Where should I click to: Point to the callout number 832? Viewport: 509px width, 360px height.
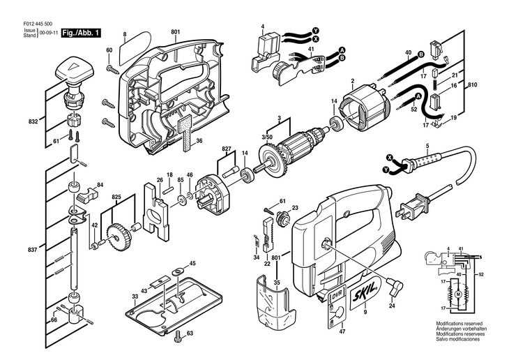(x=33, y=121)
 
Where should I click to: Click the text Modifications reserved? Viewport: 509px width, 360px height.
(x=458, y=324)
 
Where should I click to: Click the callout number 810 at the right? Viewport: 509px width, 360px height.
(x=492, y=84)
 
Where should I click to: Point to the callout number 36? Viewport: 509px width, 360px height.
(x=199, y=142)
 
